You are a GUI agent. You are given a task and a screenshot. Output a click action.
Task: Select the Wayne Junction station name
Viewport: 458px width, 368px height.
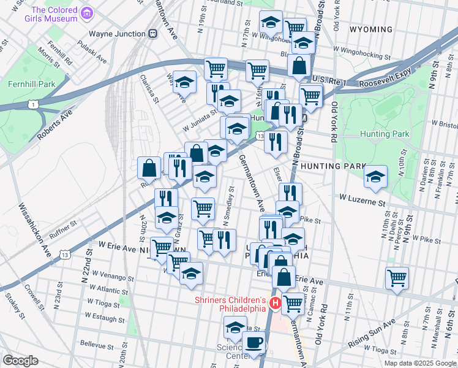(x=116, y=34)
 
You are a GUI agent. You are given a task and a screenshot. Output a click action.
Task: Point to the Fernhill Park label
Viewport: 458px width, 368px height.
(x=29, y=84)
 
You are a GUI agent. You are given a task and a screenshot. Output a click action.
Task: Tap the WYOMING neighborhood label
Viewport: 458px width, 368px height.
(x=370, y=29)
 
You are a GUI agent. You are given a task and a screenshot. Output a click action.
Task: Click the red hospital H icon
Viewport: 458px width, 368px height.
(x=276, y=304)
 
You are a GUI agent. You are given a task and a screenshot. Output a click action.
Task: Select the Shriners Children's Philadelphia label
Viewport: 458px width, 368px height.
(x=230, y=304)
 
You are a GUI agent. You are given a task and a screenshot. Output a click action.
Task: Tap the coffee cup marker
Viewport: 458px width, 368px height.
(x=254, y=343)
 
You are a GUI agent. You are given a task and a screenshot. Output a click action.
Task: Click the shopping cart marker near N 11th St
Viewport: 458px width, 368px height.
(x=397, y=278)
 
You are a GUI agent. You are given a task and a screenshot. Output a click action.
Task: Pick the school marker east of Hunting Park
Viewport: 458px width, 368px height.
(x=375, y=177)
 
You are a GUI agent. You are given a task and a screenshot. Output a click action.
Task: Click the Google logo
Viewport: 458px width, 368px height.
(x=20, y=361)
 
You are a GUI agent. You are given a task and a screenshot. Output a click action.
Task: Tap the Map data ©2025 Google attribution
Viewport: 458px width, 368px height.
(x=419, y=363)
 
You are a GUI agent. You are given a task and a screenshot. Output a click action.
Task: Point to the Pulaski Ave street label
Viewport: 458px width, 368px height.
(x=92, y=53)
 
